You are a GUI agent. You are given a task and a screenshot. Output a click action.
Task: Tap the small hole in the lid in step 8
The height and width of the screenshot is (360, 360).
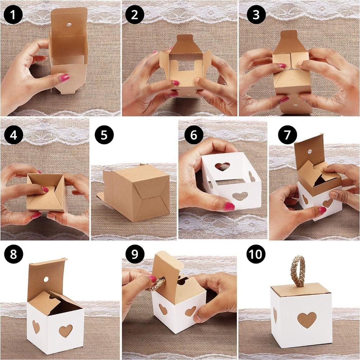pos(46,279)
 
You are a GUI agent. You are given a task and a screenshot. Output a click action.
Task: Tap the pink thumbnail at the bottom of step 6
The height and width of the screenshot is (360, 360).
pos(229,207)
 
